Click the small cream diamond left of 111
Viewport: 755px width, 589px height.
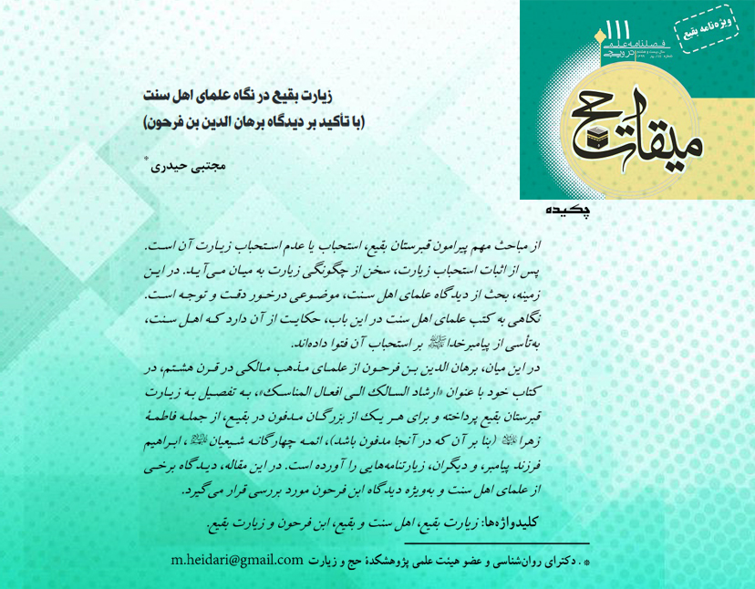point(599,36)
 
